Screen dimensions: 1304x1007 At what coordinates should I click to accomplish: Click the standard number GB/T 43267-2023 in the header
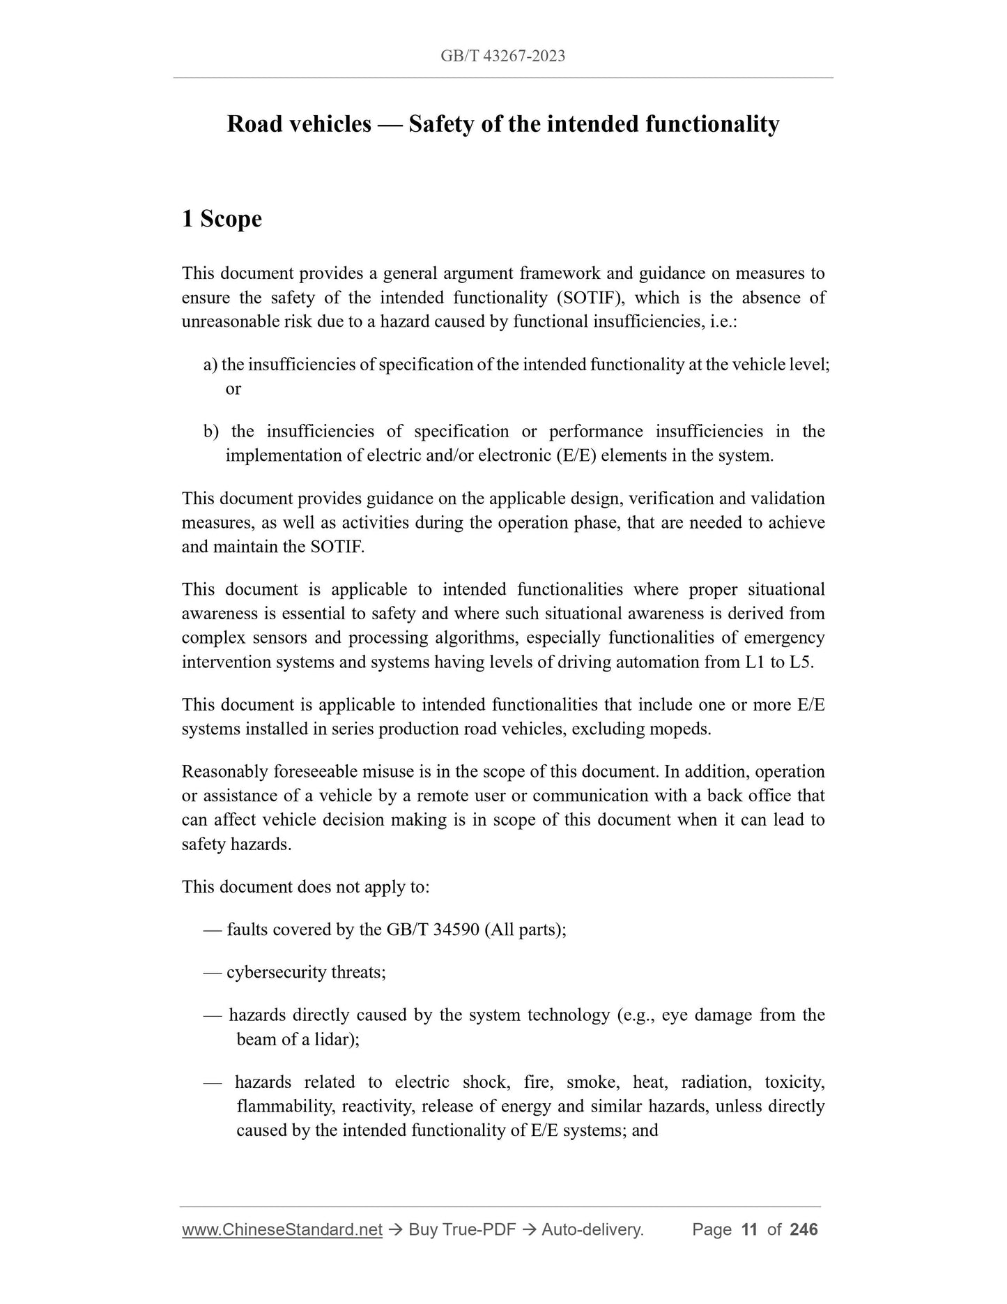(502, 56)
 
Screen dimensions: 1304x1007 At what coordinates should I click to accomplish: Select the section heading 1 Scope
(222, 219)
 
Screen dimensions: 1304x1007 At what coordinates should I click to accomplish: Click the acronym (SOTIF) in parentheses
(592, 298)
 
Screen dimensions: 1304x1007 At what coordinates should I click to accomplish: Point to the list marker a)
(210, 365)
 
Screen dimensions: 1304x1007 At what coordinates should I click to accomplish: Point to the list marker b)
(210, 432)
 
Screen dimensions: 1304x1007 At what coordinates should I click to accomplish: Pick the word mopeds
(686, 729)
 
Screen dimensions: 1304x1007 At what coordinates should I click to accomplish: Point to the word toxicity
(794, 1082)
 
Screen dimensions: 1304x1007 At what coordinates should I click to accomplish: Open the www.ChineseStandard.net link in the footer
(282, 1230)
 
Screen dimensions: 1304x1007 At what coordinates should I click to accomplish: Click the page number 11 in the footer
(749, 1230)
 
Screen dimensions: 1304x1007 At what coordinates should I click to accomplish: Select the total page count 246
(804, 1230)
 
